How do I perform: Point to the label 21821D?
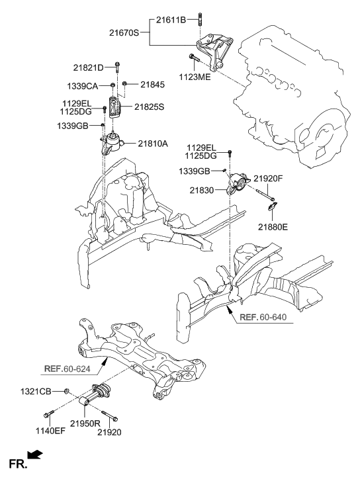point(88,67)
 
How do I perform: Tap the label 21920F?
point(272,178)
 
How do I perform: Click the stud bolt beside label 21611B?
point(199,24)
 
